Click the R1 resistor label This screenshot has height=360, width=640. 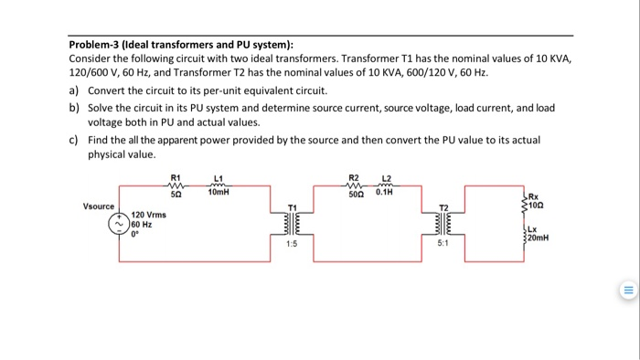point(176,176)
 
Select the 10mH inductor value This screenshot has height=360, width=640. point(218,194)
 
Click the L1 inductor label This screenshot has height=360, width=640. point(218,176)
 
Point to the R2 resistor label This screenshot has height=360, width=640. point(354,176)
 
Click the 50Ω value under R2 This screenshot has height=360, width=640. point(355,193)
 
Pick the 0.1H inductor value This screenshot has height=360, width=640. point(386,193)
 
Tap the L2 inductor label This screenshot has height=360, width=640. point(386,176)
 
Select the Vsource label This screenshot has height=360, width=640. point(100,206)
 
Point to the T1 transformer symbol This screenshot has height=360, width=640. point(292,223)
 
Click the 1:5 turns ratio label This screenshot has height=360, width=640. point(291,245)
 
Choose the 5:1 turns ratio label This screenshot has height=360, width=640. point(443,245)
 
